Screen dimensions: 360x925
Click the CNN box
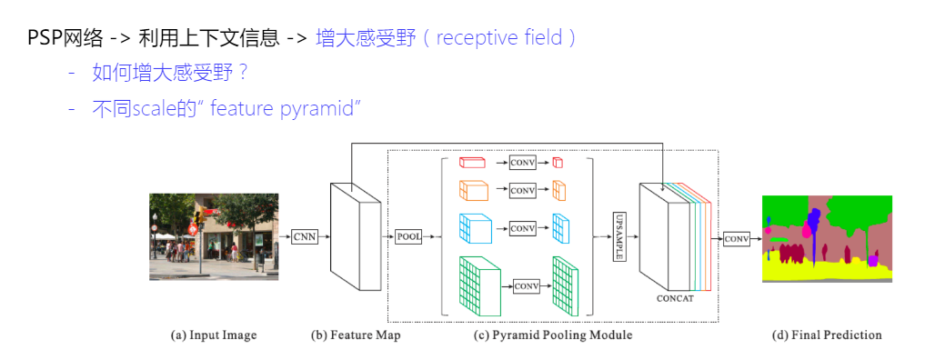point(303,237)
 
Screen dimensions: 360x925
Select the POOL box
point(408,237)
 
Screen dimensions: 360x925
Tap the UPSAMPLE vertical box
point(619,235)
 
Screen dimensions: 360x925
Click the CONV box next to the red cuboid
point(522,163)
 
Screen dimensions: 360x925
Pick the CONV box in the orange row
point(522,190)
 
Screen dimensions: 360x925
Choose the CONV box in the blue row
point(522,228)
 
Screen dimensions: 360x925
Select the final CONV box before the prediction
point(737,239)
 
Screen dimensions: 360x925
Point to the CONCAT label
point(675,296)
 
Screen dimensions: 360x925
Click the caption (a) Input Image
point(214,335)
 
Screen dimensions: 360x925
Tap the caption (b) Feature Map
point(355,335)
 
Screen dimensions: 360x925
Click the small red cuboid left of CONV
point(472,163)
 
